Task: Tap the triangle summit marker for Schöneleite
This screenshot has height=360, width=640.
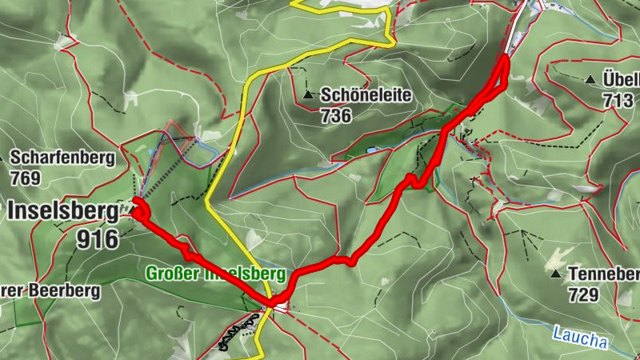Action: coord(309,95)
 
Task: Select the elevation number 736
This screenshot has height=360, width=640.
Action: coord(336,115)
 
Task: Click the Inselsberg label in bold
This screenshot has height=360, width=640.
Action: coord(63,211)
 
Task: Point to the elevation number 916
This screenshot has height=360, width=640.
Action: coord(98,238)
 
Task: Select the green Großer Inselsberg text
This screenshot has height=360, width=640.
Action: coord(215,274)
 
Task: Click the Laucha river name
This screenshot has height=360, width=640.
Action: coord(580,335)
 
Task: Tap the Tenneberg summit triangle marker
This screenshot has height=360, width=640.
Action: coord(556,274)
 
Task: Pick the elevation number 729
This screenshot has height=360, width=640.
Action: coord(583,295)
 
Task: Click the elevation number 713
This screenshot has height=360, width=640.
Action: coord(618,99)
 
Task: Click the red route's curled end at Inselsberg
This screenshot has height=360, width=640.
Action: coord(139,211)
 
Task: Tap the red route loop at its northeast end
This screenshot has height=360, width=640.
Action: coord(504,68)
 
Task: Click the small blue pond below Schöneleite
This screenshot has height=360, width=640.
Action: coord(370,150)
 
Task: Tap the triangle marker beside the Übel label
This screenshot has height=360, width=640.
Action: coord(590,79)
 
